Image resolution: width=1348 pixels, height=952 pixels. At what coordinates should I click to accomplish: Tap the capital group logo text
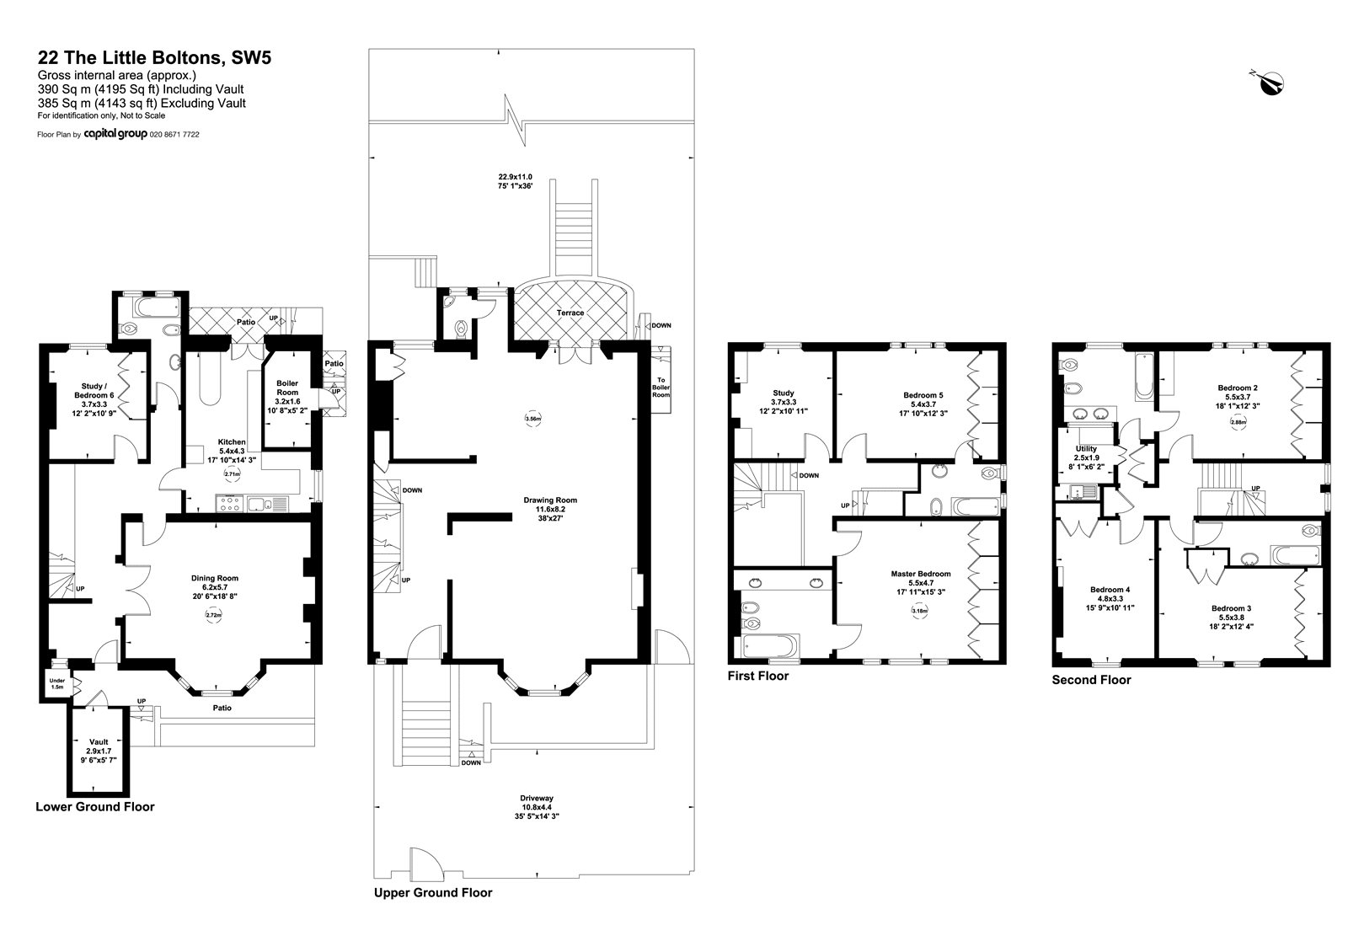[115, 134]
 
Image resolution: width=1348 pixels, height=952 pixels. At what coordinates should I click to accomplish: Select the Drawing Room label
[550, 509]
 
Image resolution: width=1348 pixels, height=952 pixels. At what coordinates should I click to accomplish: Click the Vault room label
[99, 751]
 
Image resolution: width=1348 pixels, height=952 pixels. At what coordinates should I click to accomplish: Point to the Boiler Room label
[287, 397]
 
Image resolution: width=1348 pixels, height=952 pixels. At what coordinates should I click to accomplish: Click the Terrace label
[570, 313]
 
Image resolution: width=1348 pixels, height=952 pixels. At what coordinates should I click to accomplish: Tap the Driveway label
[536, 807]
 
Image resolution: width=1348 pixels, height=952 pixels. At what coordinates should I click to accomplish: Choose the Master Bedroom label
[921, 582]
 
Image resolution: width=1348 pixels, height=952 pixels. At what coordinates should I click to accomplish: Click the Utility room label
[1086, 457]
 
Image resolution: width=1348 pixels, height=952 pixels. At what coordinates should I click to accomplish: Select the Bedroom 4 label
[1110, 598]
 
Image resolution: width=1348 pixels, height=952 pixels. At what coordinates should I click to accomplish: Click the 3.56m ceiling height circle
[533, 418]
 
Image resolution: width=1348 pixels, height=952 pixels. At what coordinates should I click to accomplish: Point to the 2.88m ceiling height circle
[1238, 422]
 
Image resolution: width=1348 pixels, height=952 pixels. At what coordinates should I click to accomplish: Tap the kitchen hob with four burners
[228, 504]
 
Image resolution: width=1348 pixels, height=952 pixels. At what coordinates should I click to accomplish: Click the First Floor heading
[757, 676]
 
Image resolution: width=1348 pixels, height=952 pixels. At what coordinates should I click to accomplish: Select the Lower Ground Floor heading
[95, 806]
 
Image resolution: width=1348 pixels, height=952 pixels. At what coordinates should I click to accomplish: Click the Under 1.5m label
[57, 683]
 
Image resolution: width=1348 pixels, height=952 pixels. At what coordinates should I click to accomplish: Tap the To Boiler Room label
[661, 387]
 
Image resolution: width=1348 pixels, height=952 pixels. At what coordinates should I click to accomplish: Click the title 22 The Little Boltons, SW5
[155, 57]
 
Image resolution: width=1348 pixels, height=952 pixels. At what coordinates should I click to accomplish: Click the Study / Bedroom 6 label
[94, 399]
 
